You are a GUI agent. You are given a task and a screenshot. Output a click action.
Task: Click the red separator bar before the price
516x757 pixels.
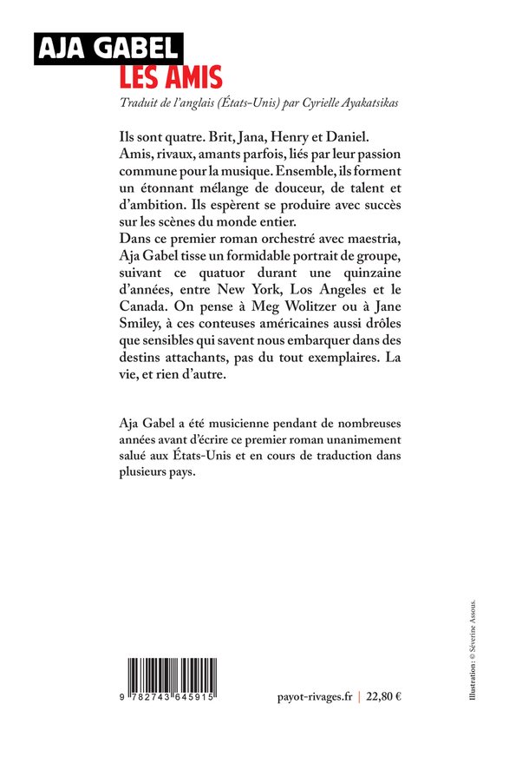click(359, 696)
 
